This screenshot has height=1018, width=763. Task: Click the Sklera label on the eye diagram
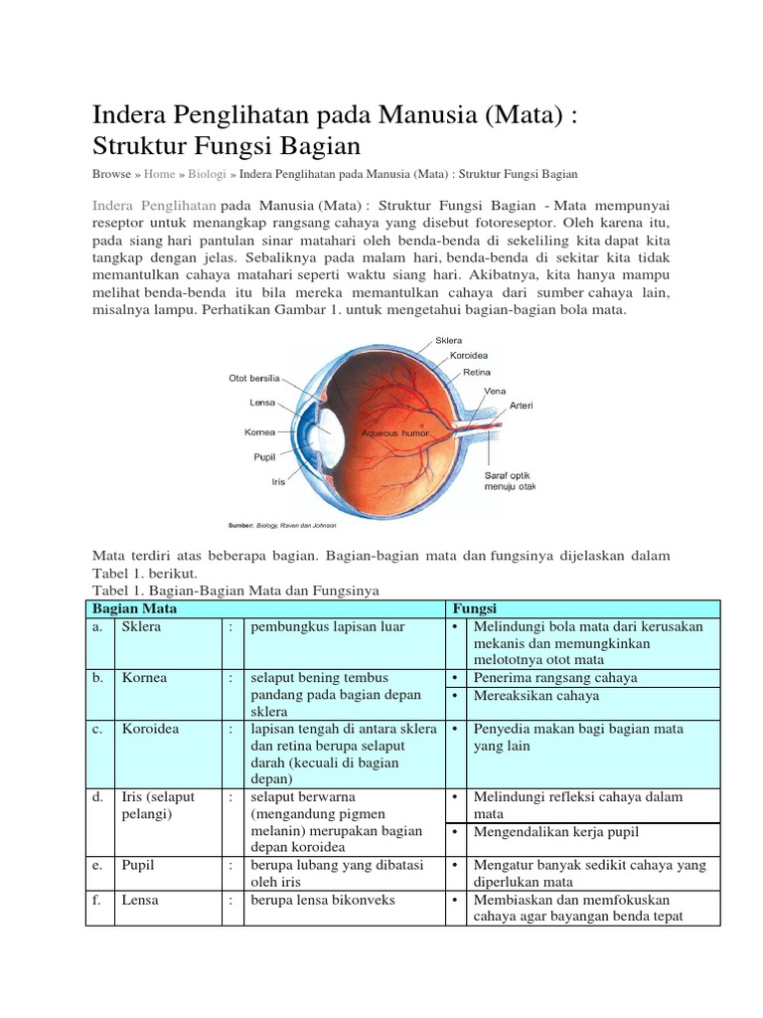coord(450,340)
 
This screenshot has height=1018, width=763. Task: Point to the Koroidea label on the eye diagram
coord(469,355)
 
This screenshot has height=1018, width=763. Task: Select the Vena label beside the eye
coord(495,391)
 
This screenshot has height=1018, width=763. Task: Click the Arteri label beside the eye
coord(522,406)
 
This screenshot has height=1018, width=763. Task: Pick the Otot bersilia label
coord(255,379)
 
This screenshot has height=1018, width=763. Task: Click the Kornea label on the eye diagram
coord(259,432)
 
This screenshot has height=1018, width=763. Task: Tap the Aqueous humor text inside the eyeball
coord(393,434)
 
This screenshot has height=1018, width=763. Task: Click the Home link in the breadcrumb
coord(159,174)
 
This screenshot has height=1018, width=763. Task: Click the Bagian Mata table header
coord(134,608)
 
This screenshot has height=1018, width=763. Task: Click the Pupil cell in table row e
coord(139,865)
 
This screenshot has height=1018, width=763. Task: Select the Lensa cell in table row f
coord(141,900)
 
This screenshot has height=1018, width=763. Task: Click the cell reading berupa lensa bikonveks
coord(323,900)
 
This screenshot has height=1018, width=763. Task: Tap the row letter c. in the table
coord(96,729)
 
